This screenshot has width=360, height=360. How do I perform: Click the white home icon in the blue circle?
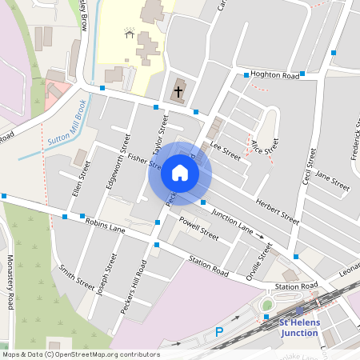pyautogui.click(x=180, y=173)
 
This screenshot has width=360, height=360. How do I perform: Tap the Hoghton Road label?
pyautogui.click(x=274, y=75)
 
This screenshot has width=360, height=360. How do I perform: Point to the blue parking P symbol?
pyautogui.click(x=219, y=332)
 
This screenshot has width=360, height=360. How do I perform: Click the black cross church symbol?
pyautogui.click(x=178, y=90)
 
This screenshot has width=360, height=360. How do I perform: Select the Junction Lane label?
pyautogui.click(x=233, y=222)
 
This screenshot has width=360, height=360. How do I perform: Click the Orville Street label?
pyautogui.click(x=260, y=260)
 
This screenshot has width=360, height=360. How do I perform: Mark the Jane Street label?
pyautogui.click(x=332, y=178)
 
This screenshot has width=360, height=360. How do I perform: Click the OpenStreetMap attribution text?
pyautogui.click(x=80, y=354)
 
